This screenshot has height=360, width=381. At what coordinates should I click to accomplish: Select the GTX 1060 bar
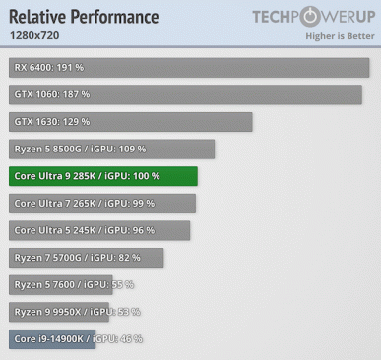click(185, 94)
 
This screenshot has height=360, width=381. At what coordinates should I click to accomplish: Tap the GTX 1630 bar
click(131, 122)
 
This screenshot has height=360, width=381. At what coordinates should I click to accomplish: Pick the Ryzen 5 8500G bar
click(112, 149)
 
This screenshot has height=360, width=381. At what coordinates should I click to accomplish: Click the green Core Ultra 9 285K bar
click(103, 176)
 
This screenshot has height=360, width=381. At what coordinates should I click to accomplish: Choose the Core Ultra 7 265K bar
click(102, 204)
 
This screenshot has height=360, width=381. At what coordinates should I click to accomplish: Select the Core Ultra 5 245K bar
click(99, 230)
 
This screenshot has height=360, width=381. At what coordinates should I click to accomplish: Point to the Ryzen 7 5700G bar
click(87, 258)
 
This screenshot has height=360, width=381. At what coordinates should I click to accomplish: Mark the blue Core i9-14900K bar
click(52, 339)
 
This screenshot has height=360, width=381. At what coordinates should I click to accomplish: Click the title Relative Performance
click(84, 17)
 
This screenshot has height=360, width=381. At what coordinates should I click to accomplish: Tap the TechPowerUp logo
click(312, 16)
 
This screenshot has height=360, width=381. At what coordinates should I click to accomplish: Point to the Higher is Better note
click(341, 36)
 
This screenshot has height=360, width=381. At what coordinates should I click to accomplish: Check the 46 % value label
click(130, 339)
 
